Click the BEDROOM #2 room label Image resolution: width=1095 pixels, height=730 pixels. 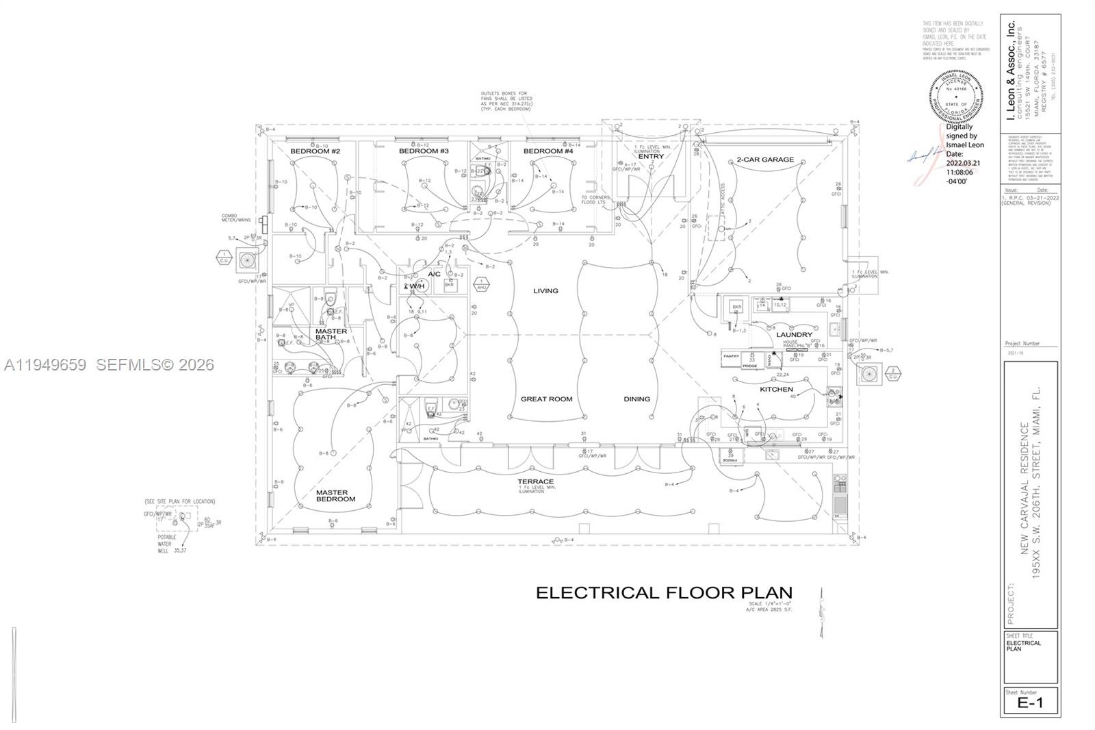[315, 151]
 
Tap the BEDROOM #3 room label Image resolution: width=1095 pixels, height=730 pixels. [424, 151]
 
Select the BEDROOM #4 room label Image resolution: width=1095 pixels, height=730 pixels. [548, 151]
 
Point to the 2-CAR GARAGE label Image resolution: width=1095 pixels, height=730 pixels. [765, 160]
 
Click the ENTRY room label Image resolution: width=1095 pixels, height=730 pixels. [651, 157]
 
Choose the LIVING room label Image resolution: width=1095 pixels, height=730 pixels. [545, 291]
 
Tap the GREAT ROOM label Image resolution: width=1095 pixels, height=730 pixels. [546, 399]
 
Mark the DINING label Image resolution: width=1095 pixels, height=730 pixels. [636, 399]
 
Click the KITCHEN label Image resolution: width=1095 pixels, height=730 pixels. [776, 390]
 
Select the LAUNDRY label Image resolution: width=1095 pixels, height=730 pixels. [794, 335]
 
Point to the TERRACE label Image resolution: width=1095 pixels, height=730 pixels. [535, 482]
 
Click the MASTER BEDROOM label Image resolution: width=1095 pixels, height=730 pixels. [335, 496]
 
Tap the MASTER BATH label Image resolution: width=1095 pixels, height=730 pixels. [331, 335]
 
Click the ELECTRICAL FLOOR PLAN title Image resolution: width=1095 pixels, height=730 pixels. [663, 593]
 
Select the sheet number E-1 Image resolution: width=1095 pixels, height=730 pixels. [1030, 703]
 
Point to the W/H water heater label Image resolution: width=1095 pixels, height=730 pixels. [417, 286]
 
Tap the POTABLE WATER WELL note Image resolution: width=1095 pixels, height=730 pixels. [168, 544]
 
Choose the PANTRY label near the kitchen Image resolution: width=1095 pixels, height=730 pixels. [731, 356]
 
